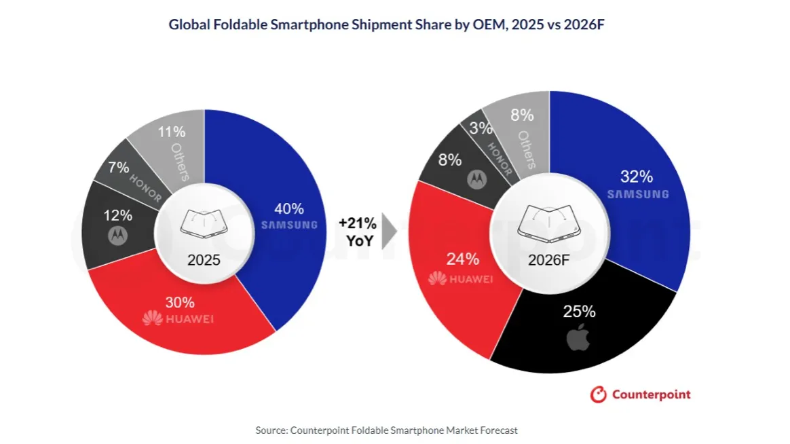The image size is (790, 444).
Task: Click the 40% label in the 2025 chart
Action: point(288,208)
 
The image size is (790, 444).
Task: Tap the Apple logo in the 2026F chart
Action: point(578,337)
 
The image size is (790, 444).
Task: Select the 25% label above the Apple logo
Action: point(579,312)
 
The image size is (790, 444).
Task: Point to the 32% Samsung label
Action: point(637,177)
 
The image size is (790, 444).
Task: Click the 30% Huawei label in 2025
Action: point(180,302)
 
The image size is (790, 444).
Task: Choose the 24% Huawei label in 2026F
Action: point(462,259)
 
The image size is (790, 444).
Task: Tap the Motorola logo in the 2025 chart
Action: point(117,236)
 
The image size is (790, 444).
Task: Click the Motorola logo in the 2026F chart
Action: point(476,179)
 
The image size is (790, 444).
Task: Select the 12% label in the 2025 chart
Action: point(118,216)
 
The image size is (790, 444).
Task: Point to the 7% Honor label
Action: point(118,167)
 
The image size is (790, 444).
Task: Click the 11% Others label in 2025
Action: point(171,132)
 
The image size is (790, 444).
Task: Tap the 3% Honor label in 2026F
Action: point(481,128)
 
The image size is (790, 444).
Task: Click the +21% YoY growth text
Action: point(358,232)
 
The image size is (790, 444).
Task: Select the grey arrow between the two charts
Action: point(388,232)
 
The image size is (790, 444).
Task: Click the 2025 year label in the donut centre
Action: point(204,260)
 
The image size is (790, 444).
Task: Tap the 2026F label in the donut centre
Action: point(548,260)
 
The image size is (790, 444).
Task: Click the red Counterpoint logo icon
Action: point(599,394)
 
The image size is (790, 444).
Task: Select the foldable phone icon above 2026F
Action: point(548,223)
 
